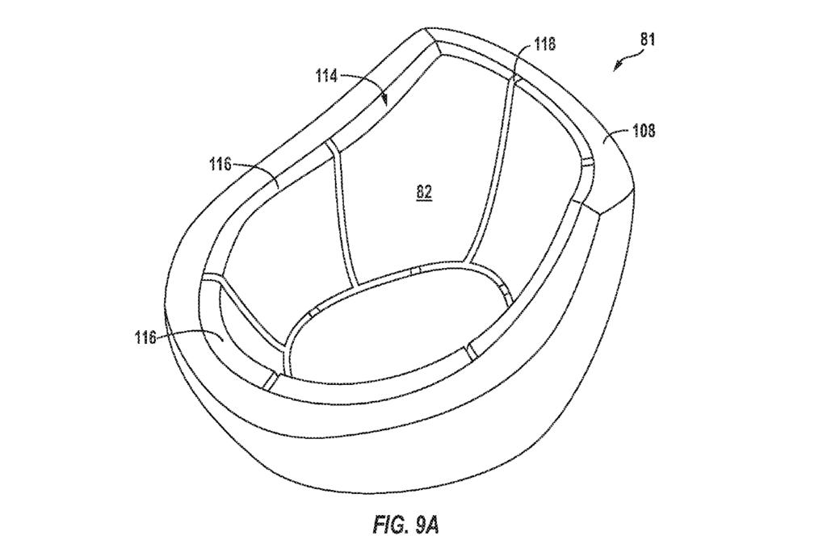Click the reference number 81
pyautogui.click(x=648, y=40)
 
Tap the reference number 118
pyautogui.click(x=544, y=44)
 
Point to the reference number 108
pyautogui.click(x=644, y=130)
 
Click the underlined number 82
pyautogui.click(x=425, y=192)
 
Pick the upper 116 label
pyautogui.click(x=220, y=165)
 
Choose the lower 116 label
pyautogui.click(x=145, y=337)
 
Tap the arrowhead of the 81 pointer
pyautogui.click(x=616, y=67)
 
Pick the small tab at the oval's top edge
pyautogui.click(x=415, y=270)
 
